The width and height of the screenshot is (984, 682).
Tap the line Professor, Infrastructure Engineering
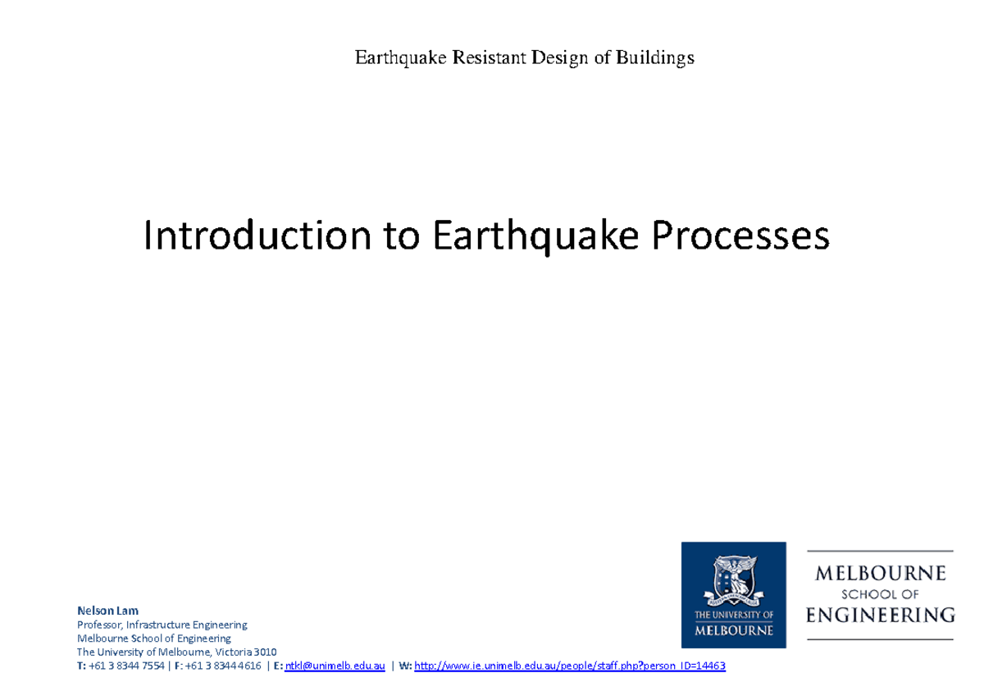coord(162,625)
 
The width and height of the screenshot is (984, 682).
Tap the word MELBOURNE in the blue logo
coord(733,631)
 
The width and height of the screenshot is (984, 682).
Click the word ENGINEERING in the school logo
coord(881,614)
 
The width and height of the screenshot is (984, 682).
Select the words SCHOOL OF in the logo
coord(881,593)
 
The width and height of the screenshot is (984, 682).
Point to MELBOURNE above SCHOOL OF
coord(881,573)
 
